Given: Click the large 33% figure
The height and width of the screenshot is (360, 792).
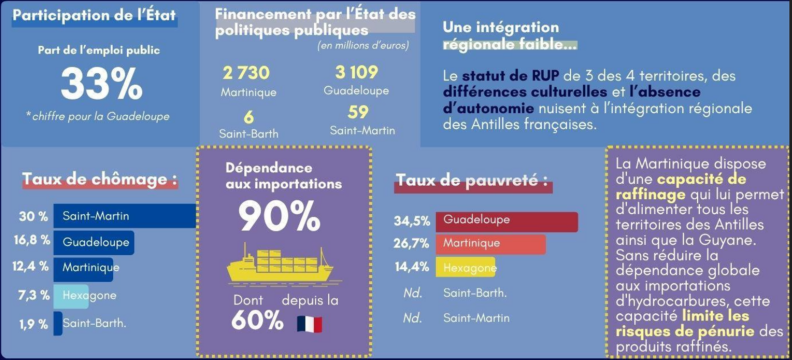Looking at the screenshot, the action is pyautogui.click(x=102, y=84).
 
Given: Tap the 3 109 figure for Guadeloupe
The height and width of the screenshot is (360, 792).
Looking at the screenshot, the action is pyautogui.click(x=357, y=72).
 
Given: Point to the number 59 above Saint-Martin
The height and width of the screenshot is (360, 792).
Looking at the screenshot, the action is pyautogui.click(x=358, y=112).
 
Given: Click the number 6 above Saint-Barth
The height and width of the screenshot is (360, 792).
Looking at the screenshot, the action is pyautogui.click(x=249, y=118).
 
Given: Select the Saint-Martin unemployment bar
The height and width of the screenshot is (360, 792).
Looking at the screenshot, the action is pyautogui.click(x=124, y=216).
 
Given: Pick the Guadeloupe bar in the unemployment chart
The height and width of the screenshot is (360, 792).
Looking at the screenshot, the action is pyautogui.click(x=93, y=242).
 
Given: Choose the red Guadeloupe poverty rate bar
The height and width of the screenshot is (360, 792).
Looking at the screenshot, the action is pyautogui.click(x=507, y=222).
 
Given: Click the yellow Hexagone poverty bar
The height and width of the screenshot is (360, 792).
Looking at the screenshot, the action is pyautogui.click(x=465, y=268).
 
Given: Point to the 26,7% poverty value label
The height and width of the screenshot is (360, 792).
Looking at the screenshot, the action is pyautogui.click(x=412, y=244).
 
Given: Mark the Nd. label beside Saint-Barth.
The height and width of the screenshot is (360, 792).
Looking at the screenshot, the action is pyautogui.click(x=413, y=293).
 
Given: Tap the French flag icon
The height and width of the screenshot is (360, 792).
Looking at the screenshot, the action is pyautogui.click(x=310, y=324).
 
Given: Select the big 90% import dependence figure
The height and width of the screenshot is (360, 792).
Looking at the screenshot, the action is pyautogui.click(x=280, y=216).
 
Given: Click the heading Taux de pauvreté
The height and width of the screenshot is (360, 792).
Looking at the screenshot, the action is pyautogui.click(x=472, y=181).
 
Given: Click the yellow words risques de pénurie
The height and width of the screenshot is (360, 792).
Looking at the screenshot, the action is pyautogui.click(x=685, y=332).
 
